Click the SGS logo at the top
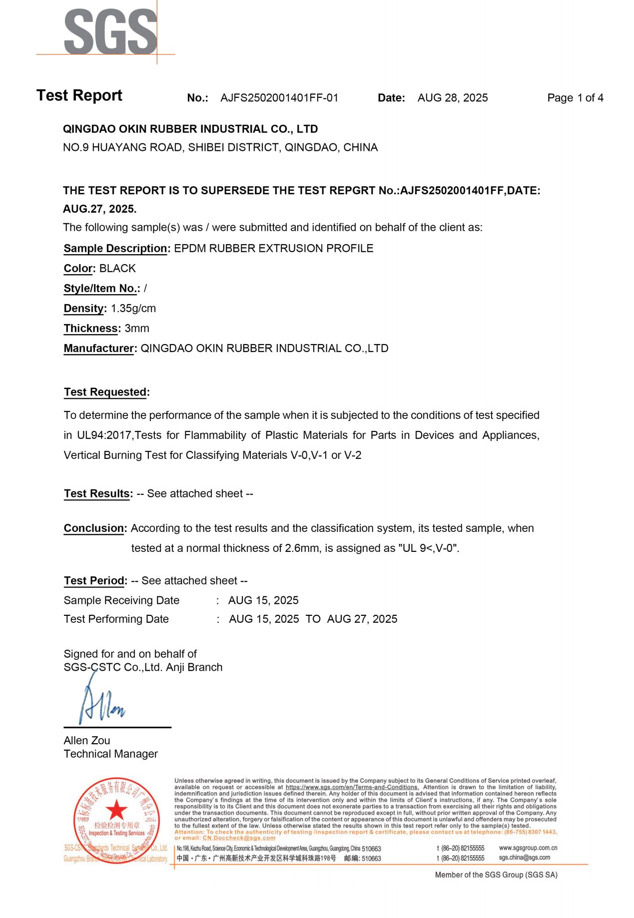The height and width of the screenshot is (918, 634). [110, 32]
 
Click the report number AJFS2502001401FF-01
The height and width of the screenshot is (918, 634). [279, 98]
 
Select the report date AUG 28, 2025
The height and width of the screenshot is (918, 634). [452, 98]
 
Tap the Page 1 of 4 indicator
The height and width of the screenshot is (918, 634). [575, 98]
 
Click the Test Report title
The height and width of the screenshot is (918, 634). [79, 95]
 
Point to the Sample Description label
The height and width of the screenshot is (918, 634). [115, 248]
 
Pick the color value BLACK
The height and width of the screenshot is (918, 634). [117, 268]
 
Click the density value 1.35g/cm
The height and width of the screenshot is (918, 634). [133, 308]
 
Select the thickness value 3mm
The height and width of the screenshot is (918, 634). [137, 328]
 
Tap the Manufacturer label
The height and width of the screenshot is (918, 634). [99, 348]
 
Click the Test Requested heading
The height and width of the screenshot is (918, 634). [105, 392]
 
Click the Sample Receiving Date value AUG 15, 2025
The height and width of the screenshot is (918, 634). [263, 600]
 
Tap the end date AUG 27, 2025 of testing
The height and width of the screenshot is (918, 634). [362, 619]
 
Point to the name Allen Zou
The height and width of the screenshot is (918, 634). [87, 740]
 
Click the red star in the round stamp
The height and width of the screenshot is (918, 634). [116, 810]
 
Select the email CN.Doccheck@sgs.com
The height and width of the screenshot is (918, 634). [239, 838]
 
